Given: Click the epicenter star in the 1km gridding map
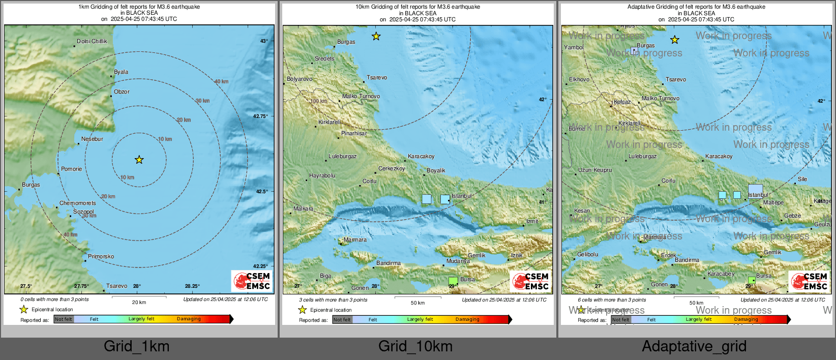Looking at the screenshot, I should [139, 160].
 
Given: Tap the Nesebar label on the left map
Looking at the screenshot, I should [92, 139].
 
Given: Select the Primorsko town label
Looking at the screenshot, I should [101, 256].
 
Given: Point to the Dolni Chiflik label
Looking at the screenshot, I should [92, 41].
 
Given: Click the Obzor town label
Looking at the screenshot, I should [122, 92].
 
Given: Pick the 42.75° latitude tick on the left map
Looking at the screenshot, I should [260, 116].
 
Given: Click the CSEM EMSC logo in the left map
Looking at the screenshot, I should [252, 281].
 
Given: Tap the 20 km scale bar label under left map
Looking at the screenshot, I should [139, 302].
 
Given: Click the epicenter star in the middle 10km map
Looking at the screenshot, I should [376, 36].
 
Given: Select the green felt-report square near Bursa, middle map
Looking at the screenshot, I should [453, 281].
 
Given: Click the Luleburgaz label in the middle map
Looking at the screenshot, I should [342, 156].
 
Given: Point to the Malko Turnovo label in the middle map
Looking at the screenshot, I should [361, 96].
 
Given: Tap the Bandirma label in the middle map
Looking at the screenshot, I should [389, 263].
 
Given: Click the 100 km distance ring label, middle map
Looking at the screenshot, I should [318, 101].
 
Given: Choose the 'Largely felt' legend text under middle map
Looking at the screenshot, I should [420, 319].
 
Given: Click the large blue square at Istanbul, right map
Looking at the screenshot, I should [755, 190].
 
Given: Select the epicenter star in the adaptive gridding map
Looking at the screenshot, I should [674, 40].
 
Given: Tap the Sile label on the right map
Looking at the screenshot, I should [802, 179].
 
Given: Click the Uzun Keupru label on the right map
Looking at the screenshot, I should [594, 170].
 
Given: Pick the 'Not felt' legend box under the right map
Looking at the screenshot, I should [620, 320].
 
